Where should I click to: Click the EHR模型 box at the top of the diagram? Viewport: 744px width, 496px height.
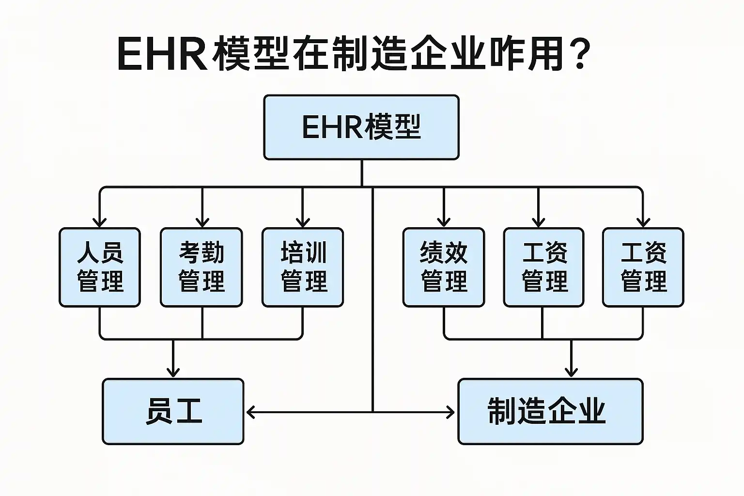click(361, 127)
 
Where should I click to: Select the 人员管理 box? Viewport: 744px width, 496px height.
click(100, 267)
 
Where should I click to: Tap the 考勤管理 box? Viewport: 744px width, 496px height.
click(201, 267)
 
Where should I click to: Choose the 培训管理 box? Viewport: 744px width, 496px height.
click(303, 267)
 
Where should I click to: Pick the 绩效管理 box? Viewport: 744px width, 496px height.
click(444, 267)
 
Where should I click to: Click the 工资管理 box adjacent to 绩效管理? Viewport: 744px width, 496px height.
click(543, 267)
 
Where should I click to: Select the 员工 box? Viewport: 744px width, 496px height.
click(173, 411)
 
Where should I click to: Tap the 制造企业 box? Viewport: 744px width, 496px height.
click(550, 411)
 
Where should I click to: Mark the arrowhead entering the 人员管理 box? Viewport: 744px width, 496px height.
click(100, 222)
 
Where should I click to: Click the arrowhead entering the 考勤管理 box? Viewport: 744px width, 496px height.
click(202, 222)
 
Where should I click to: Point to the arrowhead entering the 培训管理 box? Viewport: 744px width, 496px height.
click(303, 222)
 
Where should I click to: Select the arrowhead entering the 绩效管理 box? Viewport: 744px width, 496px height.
click(444, 222)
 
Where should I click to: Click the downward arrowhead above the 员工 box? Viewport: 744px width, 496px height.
click(173, 372)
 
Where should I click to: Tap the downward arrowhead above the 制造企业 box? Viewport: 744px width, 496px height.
click(572, 372)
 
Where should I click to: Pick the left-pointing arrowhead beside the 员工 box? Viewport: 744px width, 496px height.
click(250, 412)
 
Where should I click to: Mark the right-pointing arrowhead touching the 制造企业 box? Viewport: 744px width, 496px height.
click(451, 412)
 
